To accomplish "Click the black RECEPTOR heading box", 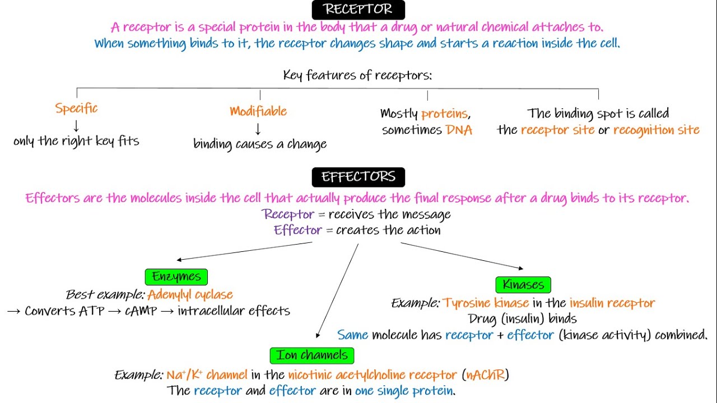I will [358, 10].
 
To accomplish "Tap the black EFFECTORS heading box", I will [358, 177].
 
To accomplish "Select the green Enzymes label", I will [176, 277].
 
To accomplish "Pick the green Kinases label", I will [523, 284].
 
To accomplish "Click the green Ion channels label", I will [312, 355].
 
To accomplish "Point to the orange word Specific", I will [77, 108].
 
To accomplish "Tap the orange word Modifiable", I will [258, 111].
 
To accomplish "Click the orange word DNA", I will [459, 130].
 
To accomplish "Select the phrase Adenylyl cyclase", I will [190, 294].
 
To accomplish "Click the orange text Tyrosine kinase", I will [486, 303].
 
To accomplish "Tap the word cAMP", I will [141, 311].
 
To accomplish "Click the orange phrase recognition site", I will [656, 130].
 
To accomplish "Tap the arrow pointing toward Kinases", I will [463, 255].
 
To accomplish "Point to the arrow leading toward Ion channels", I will [338, 291].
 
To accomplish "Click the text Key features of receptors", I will [357, 75].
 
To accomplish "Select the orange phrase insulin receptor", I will [612, 303].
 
